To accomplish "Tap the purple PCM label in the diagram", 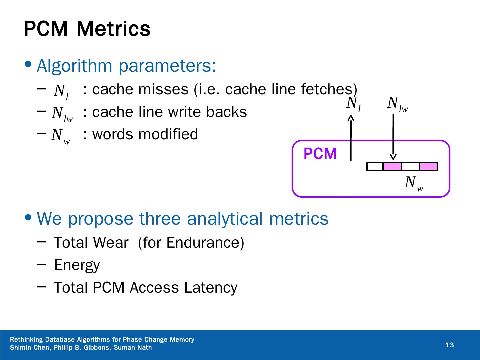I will pos(320,154).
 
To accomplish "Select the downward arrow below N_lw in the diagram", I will pos(393,138).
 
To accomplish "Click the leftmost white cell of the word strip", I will pos(375,167).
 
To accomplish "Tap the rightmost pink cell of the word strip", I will pos(428,167).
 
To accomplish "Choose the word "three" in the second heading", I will pos(160,219).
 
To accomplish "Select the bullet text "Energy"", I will pos(77,265).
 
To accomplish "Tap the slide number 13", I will pos(450,345).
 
